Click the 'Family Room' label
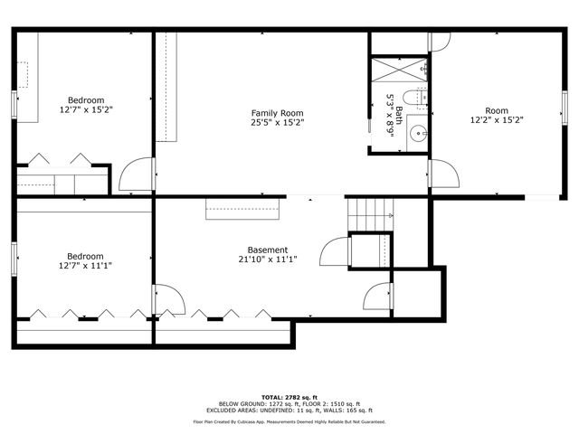277,112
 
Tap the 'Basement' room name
268,250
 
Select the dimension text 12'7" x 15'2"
86,109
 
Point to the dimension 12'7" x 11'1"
86,266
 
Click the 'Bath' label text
399,114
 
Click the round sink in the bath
418,135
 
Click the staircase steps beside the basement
370,215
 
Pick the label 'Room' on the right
497,109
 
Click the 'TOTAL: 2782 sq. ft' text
289,397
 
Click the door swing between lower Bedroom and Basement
168,300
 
